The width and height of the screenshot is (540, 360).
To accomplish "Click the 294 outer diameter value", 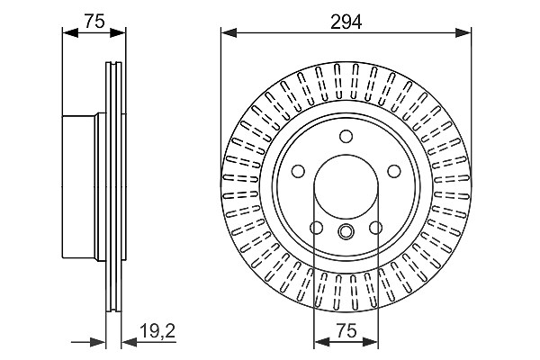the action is pos(346,22).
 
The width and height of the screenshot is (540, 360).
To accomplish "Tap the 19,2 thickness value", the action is pos(157,331).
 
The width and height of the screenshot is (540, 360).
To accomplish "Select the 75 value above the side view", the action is pos(94,22).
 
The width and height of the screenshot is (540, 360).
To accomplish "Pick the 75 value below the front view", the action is pos(346,331).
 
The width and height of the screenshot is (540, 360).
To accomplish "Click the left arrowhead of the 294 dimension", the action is pos(229,33).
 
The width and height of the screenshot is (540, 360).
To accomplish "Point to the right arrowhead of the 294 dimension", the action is pos(463,33).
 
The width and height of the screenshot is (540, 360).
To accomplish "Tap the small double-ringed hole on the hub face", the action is pos(346,230).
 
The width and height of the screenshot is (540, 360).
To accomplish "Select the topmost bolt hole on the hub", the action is pos(346,136).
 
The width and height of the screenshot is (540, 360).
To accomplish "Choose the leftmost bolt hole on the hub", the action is pos(298,171).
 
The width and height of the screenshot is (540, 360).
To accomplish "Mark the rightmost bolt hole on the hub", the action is pos(394,171).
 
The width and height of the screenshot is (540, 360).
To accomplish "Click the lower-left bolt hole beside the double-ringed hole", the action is pos(317,228).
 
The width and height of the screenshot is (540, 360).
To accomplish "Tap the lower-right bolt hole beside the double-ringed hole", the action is pos(375,228).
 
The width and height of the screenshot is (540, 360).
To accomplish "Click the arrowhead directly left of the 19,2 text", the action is pos(130,342).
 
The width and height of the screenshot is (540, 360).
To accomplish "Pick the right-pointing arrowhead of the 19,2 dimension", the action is pos(98,342).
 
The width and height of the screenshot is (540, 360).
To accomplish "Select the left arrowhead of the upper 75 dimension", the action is pos(70,33).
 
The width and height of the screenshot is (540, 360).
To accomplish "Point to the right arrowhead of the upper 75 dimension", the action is pos(118,33).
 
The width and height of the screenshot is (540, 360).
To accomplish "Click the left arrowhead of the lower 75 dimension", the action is pos(321,342).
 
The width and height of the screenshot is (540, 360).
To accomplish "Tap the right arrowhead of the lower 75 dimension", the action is pos(371,342).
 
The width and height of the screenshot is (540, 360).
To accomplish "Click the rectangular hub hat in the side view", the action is pos(79,186).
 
